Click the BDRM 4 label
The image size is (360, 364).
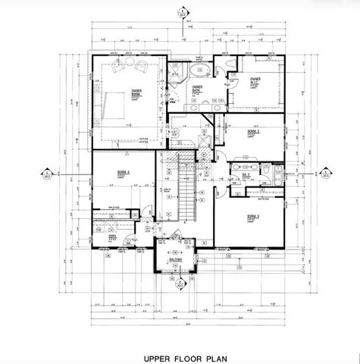point(123,173)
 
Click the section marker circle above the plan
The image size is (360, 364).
point(181,12)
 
